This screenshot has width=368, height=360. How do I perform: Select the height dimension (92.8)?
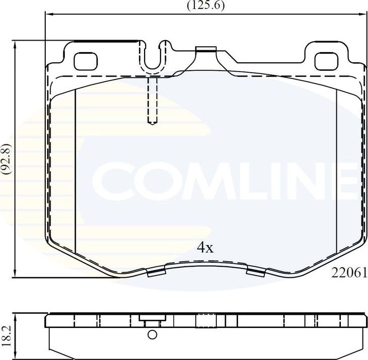(x=7, y=159)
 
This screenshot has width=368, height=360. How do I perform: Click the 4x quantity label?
(x=205, y=248)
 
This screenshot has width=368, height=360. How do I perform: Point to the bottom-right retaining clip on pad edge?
(x=257, y=272)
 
